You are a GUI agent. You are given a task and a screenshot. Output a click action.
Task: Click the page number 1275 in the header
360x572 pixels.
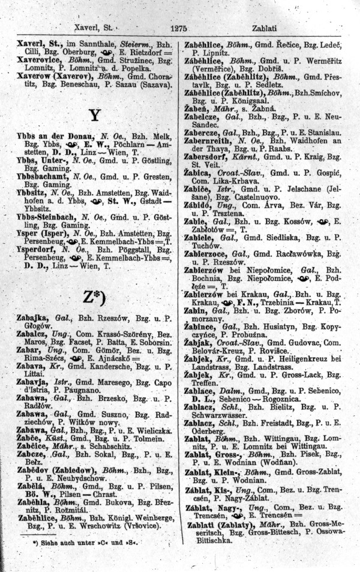coord(180,27)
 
